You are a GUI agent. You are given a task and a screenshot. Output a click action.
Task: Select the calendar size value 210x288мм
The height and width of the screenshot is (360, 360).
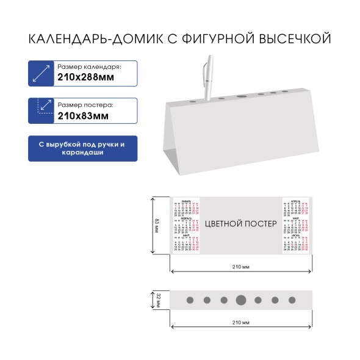pyautogui.click(x=86, y=77)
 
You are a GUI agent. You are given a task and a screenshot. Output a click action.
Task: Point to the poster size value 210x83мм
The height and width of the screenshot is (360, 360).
pyautogui.click(x=84, y=115)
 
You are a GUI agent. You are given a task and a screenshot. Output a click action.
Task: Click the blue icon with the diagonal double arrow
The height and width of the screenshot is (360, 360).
pyautogui.click(x=40, y=73)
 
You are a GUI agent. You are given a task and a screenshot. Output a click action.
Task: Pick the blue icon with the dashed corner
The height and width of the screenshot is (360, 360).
pyautogui.click(x=40, y=110)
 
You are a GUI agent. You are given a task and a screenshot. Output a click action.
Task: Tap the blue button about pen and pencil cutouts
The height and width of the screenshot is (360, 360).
pyautogui.click(x=82, y=148)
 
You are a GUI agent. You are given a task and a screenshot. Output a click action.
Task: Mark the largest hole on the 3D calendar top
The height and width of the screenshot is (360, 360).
pyautogui.click(x=241, y=96)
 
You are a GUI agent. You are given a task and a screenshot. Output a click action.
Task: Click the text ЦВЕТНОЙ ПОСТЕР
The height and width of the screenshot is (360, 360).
pyautogui.click(x=240, y=224)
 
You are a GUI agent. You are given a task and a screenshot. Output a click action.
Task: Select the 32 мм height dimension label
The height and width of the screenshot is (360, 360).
pyautogui.click(x=158, y=300)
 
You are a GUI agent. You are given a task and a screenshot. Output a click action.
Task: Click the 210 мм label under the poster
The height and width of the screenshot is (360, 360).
pyautogui.click(x=241, y=267)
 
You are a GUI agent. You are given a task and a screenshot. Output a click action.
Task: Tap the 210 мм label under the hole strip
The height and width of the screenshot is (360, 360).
pyautogui.click(x=241, y=322)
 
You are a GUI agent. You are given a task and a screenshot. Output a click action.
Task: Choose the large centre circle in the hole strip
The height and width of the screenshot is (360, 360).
pyautogui.click(x=241, y=300)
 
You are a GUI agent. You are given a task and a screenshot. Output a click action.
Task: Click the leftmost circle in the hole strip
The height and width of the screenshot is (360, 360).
pyautogui.click(x=189, y=300)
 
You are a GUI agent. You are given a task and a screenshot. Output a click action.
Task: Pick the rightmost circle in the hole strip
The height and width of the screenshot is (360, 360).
pyautogui.click(x=292, y=300)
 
